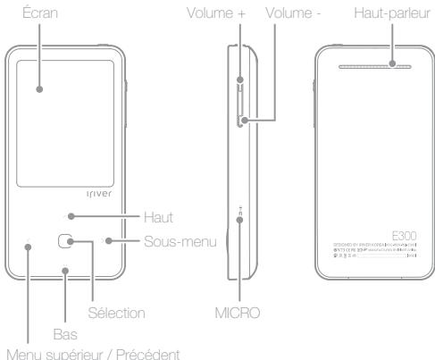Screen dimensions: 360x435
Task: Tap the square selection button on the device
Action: [x=66, y=241]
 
